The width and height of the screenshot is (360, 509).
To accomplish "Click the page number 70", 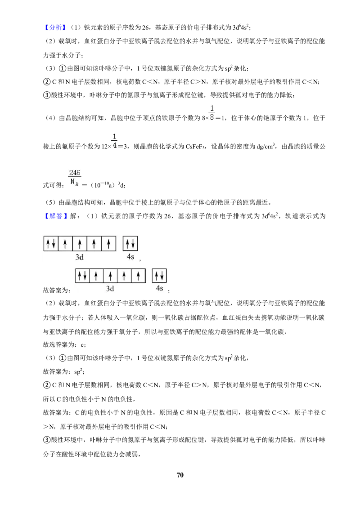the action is pyautogui.click(x=180, y=475).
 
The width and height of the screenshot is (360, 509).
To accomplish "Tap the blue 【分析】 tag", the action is pyautogui.click(x=54, y=27).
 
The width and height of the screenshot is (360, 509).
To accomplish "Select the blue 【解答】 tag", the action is pyautogui.click(x=54, y=216).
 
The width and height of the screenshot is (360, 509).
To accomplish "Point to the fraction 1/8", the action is pyautogui.click(x=212, y=112).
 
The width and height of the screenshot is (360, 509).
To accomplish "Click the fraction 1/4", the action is pyautogui.click(x=114, y=141).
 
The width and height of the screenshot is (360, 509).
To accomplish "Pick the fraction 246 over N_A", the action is pyautogui.click(x=75, y=177).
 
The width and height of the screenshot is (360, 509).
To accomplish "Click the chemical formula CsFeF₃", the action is pyautogui.click(x=196, y=147).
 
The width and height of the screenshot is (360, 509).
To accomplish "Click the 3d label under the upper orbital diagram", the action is pyautogui.click(x=79, y=257).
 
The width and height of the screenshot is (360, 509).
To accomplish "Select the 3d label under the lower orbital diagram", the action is pyautogui.click(x=110, y=289).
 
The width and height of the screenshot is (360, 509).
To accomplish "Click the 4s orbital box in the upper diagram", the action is pyautogui.click(x=130, y=243).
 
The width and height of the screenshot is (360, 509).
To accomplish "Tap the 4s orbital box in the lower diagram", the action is pyautogui.click(x=160, y=276).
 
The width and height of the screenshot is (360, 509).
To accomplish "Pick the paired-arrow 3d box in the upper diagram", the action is pyautogui.click(x=51, y=243).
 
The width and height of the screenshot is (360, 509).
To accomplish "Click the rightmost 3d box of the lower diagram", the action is pyautogui.click(x=139, y=276).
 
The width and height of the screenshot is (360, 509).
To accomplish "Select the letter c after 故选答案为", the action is pyautogui.click(x=82, y=345).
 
